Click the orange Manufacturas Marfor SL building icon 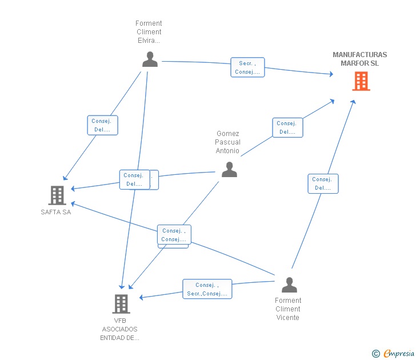point(361,81)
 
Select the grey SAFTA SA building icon point(57,195)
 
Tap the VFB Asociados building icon point(121,303)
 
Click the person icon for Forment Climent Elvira point(150,59)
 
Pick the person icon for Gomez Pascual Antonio point(229,169)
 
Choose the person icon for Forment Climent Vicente point(289,284)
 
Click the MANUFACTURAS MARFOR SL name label point(359,59)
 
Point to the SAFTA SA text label point(56,213)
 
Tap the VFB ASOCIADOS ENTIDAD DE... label point(120,329)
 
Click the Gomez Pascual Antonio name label point(227,142)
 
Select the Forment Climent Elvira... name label point(149,32)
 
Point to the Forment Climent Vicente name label point(288,309)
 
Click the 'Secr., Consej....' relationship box point(247,67)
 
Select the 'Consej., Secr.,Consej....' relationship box point(207,289)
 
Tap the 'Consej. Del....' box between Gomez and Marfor point(287,127)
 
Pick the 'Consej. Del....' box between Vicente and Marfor point(323,183)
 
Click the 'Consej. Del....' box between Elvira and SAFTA point(103,125)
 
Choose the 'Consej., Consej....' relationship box point(174,235)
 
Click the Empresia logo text point(399,354)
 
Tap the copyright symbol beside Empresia point(375,354)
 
